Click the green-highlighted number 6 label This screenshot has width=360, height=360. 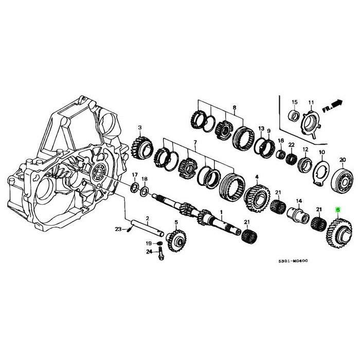pos(337,209)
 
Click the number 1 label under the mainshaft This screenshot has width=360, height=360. pos(222,212)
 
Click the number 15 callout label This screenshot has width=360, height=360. pos(295,101)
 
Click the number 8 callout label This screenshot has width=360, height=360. pos(235,108)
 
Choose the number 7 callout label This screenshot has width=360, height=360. pos(195,141)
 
